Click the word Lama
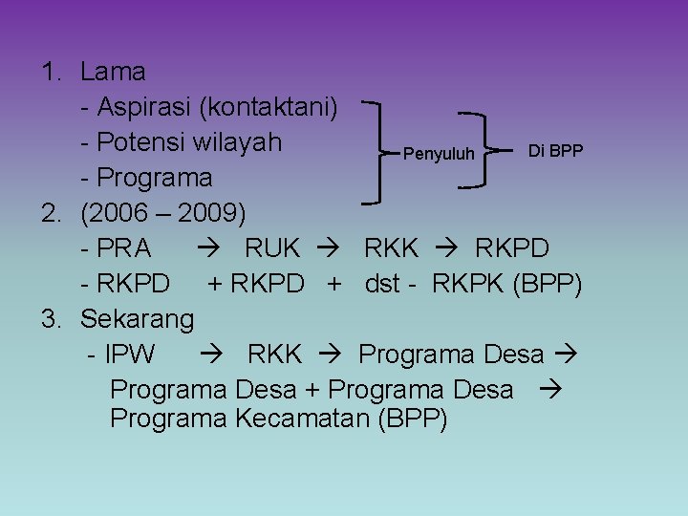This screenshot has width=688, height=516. coord(113,72)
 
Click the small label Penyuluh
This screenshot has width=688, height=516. coord(439,153)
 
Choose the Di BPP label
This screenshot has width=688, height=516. coord(555,151)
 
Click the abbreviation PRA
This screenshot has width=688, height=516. coord(123,248)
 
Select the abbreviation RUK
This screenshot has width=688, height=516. coord(272,248)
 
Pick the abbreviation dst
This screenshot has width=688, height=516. coord(383,284)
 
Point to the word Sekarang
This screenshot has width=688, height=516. coord(138,318)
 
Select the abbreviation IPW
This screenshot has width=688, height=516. coord(131,355)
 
